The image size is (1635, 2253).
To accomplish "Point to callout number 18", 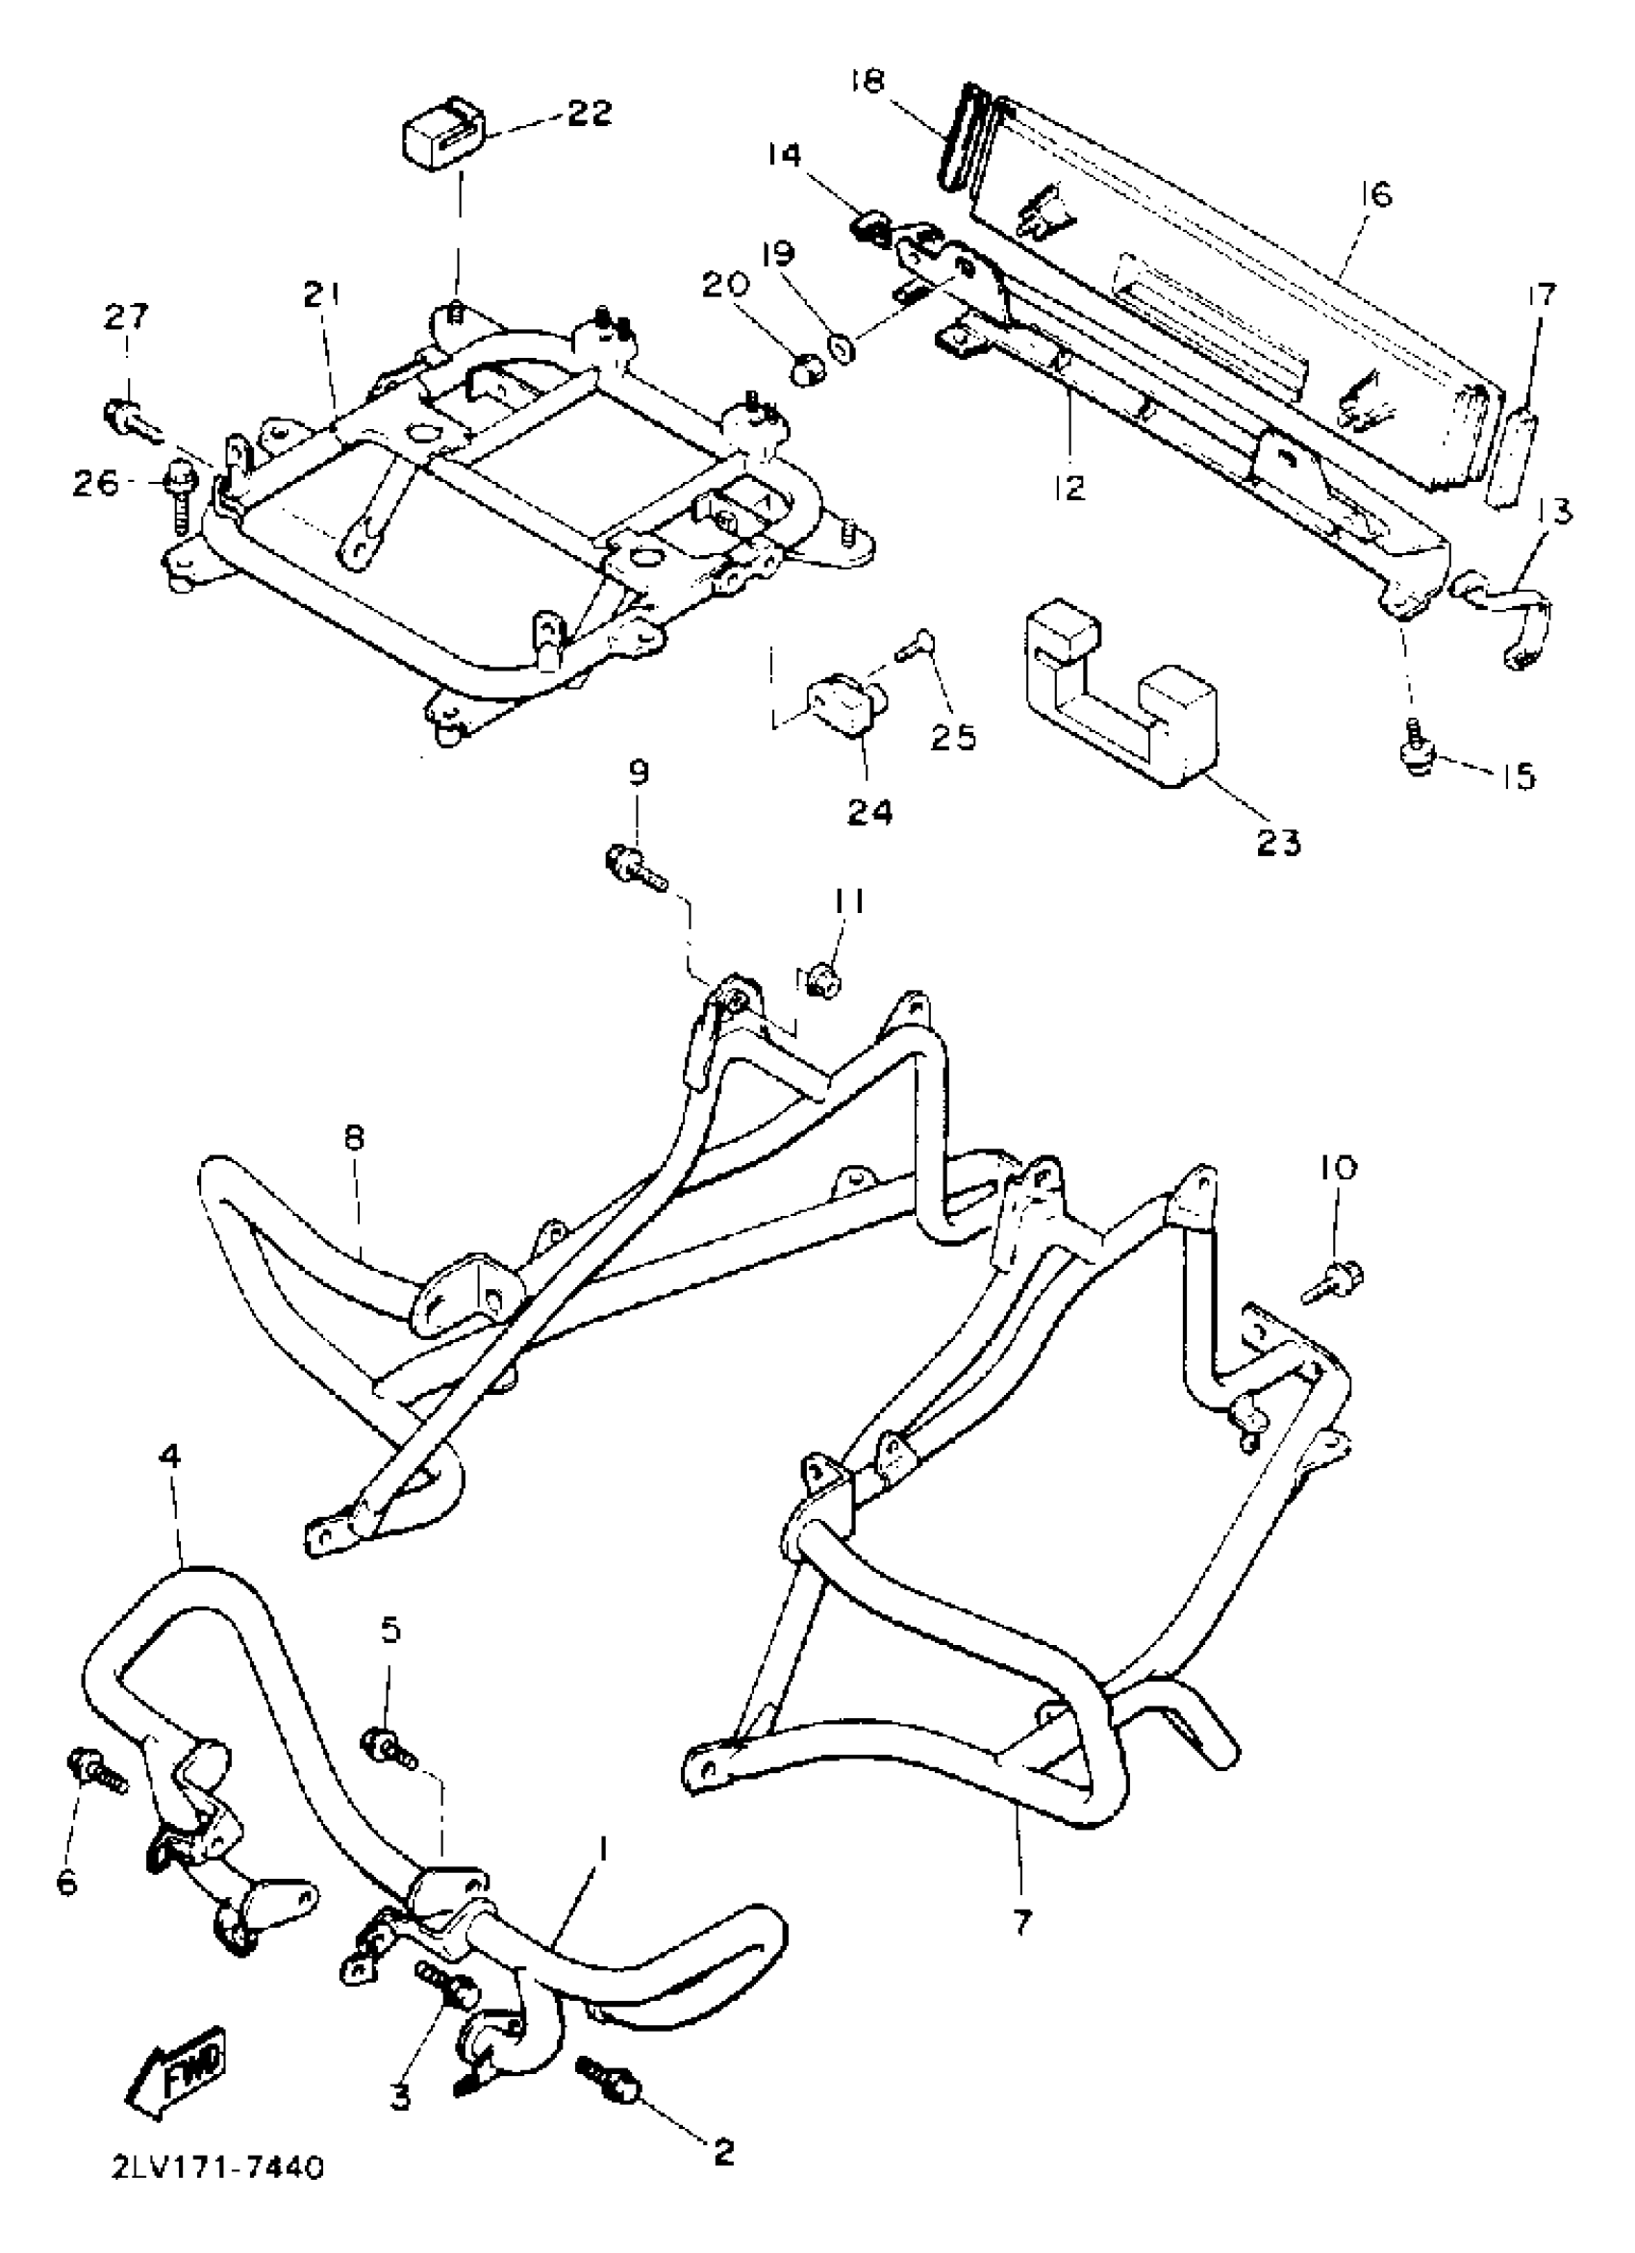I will coord(868,82).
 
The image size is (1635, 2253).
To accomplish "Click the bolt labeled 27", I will coord(126,418).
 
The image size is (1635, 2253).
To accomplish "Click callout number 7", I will coord(1021,1922).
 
